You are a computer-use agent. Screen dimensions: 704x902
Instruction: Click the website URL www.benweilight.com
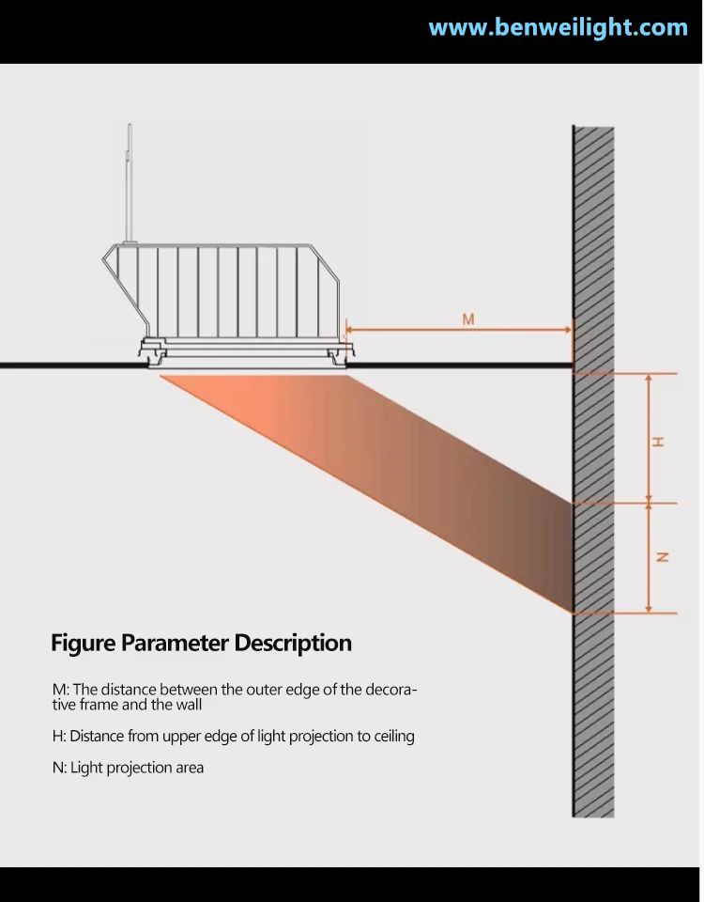[558, 27]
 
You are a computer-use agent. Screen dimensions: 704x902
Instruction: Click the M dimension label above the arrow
[468, 319]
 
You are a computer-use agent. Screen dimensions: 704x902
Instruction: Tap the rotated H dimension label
[657, 442]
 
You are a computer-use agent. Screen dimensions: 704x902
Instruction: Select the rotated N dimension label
[662, 557]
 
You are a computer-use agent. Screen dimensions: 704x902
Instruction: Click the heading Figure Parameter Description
[201, 643]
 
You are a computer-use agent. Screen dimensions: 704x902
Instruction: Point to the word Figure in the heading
[84, 643]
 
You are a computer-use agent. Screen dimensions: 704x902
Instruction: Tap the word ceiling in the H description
[394, 737]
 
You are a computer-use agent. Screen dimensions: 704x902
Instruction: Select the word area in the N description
[189, 768]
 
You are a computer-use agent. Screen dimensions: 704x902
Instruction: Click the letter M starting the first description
[58, 690]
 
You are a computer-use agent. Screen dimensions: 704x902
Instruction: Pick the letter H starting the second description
[57, 737]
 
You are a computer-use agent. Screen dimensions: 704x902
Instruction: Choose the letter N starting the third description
[57, 768]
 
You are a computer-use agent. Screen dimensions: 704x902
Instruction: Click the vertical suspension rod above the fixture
[130, 183]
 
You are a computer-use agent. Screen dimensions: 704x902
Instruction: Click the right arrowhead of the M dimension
[568, 330]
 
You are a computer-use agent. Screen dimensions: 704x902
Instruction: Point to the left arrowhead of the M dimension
[349, 330]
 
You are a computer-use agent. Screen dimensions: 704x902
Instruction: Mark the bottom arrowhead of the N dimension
[649, 609]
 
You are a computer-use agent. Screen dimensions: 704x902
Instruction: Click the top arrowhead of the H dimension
[649, 379]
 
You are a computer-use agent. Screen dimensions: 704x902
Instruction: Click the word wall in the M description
[189, 706]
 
